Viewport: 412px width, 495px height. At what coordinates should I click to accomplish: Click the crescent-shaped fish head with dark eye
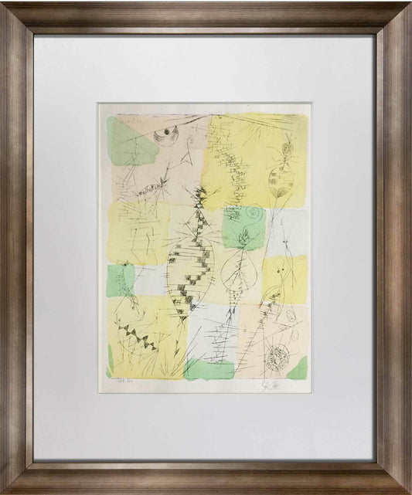tap(165, 137)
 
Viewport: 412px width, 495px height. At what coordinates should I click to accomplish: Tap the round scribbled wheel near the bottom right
tap(276, 357)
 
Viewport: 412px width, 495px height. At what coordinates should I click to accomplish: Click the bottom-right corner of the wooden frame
tap(403, 486)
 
